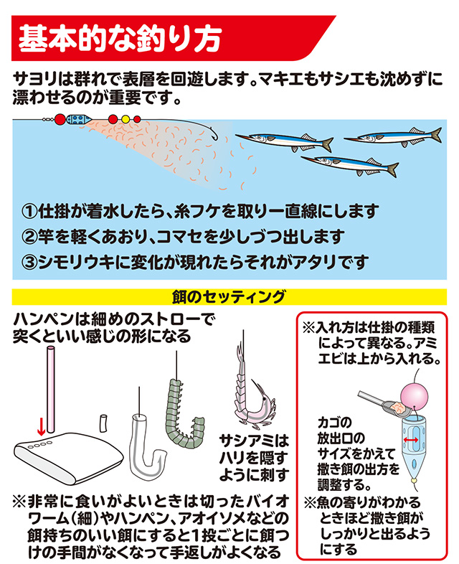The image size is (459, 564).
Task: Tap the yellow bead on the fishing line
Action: pos(126,119)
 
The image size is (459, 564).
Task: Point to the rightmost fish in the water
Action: pos(402,135)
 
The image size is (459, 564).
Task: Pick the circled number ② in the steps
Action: pos(29,236)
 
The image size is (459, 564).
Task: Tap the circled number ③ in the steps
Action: pos(29,260)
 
